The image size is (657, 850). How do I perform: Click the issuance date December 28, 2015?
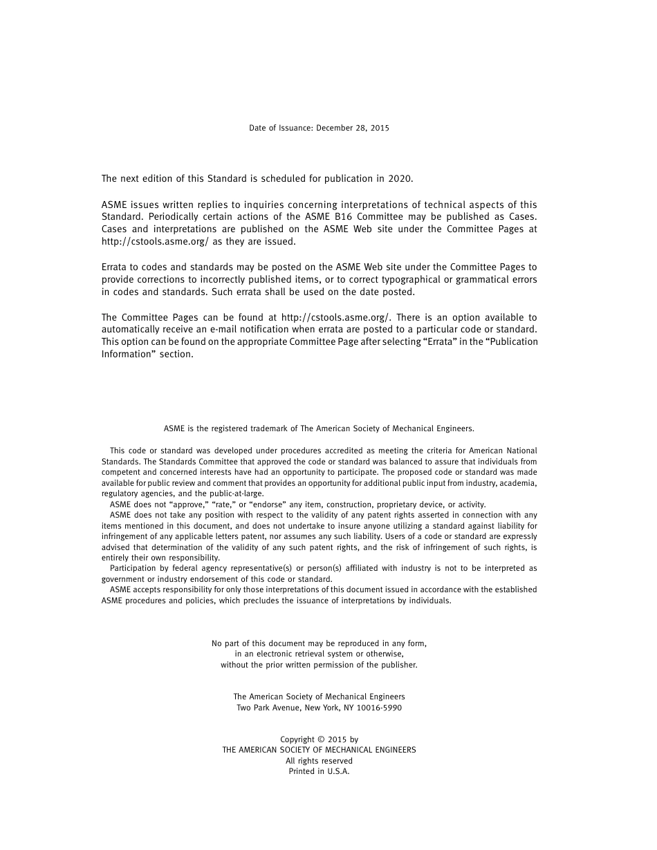[353, 128]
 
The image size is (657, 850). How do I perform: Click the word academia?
[517, 483]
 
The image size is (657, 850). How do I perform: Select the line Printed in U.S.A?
[319, 771]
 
